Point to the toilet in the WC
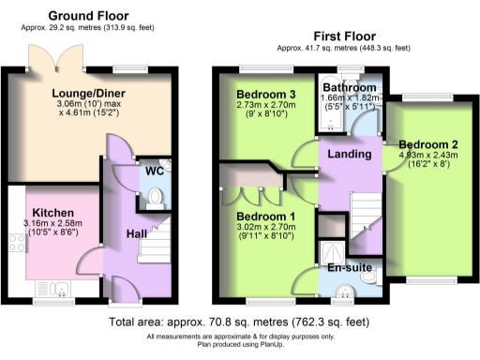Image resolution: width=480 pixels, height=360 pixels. click(x=155, y=197)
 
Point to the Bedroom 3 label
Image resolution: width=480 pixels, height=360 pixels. click(x=265, y=95)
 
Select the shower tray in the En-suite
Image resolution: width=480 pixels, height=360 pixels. click(x=331, y=249)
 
